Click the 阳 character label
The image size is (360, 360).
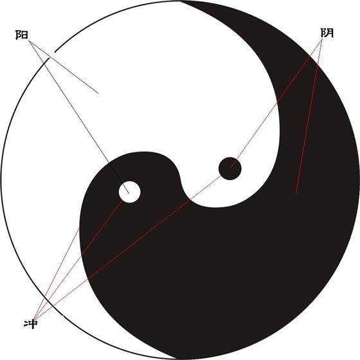point(22,35)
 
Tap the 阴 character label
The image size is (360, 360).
point(327,33)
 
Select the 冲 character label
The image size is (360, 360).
point(31,324)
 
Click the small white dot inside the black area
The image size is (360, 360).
point(129,192)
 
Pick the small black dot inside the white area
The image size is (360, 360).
point(230,168)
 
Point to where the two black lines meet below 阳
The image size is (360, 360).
point(29,41)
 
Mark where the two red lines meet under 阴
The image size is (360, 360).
point(322,39)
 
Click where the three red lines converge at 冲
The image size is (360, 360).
point(33,319)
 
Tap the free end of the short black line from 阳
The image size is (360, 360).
point(98,93)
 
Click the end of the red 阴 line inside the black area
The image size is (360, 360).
point(296,194)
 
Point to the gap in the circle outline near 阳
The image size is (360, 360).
point(52,55)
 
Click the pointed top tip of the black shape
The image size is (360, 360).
point(181,1)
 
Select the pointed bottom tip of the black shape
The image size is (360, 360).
point(176,359)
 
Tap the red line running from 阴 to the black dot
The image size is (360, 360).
point(276,104)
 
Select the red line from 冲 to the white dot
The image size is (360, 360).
point(77,260)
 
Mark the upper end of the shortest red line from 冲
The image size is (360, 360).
point(80,228)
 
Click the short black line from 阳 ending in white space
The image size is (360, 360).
point(64,67)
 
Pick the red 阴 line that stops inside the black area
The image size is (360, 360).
point(309,116)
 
